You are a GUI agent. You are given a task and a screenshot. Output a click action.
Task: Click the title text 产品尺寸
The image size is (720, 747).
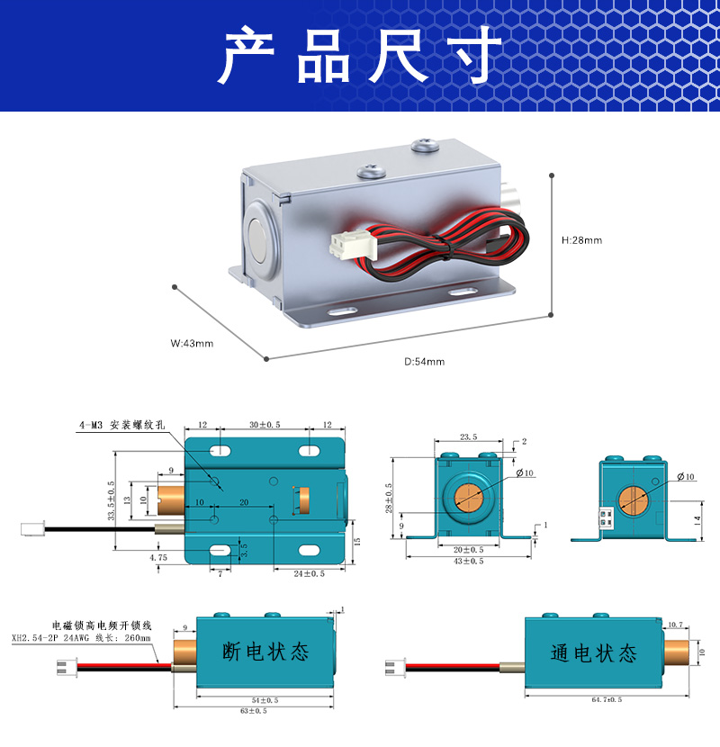tap(360, 56)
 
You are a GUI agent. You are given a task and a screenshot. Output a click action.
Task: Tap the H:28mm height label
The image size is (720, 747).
tap(581, 240)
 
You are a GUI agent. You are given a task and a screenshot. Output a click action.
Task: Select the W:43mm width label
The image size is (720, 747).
tap(192, 343)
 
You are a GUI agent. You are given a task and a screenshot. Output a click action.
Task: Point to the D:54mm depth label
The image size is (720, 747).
tap(424, 362)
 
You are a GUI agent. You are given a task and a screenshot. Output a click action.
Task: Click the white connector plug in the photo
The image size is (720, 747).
tap(346, 243)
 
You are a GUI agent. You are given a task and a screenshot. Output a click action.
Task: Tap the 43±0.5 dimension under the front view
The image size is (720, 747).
tap(467, 561)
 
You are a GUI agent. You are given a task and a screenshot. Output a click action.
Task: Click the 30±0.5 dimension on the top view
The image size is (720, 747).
tap(265, 425)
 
